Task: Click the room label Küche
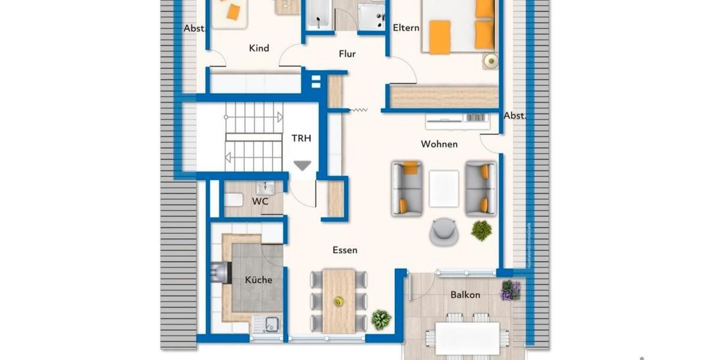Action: tap(259, 280)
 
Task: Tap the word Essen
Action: tap(345, 250)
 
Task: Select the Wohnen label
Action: tap(439, 144)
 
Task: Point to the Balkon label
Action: tap(466, 295)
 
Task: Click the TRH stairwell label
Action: tap(302, 137)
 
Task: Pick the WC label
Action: tap(260, 202)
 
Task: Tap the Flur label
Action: tap(347, 54)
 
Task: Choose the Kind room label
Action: tap(259, 48)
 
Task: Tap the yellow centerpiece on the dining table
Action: tap(339, 301)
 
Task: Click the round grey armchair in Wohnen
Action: tap(444, 232)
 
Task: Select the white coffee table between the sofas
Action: tap(444, 188)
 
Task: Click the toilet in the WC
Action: tap(235, 200)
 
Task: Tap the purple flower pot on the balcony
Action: tap(511, 290)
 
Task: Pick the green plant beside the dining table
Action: tap(381, 319)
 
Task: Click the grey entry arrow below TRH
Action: tap(302, 166)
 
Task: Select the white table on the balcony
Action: tap(467, 338)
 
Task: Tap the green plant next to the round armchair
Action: tap(481, 230)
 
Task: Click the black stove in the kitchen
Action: tap(220, 273)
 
